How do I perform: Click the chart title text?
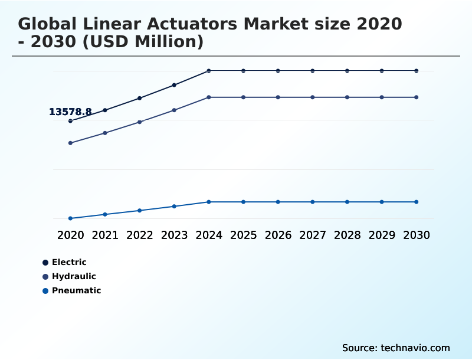(x=210, y=33)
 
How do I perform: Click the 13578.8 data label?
(x=70, y=112)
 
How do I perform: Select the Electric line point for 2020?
(x=70, y=121)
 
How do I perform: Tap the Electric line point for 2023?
(x=174, y=85)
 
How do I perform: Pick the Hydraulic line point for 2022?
(x=140, y=122)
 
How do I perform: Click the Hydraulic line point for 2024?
(x=209, y=97)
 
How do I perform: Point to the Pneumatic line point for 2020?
(x=70, y=218)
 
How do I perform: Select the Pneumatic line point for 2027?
(x=313, y=202)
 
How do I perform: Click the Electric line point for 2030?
(x=417, y=71)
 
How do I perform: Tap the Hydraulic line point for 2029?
(x=382, y=97)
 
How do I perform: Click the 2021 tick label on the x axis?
(x=105, y=235)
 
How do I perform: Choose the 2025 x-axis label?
(x=243, y=235)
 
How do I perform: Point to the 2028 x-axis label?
(x=347, y=235)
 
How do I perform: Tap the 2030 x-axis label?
(x=417, y=235)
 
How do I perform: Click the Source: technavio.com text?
(x=396, y=348)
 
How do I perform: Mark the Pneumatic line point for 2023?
(x=174, y=206)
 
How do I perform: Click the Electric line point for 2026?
(x=278, y=71)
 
